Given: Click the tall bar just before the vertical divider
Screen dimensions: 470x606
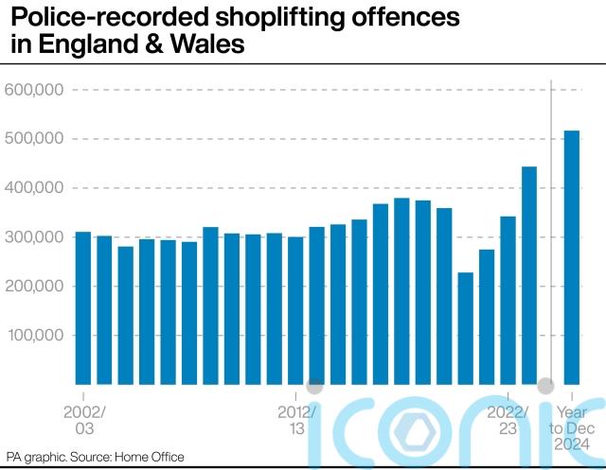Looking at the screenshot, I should [529, 275].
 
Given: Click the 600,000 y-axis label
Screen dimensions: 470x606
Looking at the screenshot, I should [34, 90].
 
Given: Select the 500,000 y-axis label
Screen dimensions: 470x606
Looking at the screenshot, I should [34, 139].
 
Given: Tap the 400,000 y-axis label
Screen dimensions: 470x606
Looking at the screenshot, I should [34, 188].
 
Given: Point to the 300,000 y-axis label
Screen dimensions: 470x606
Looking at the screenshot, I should [34, 237].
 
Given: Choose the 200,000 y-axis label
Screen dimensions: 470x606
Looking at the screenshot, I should [34, 287].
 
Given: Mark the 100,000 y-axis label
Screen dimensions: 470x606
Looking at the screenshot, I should [34, 336].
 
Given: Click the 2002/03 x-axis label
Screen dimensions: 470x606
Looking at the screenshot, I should [84, 420].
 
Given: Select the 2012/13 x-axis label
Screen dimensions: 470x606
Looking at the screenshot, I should [296, 420].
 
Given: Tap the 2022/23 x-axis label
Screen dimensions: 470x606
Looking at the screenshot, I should [508, 420].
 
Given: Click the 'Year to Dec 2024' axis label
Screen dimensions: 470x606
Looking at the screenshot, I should [572, 428].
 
